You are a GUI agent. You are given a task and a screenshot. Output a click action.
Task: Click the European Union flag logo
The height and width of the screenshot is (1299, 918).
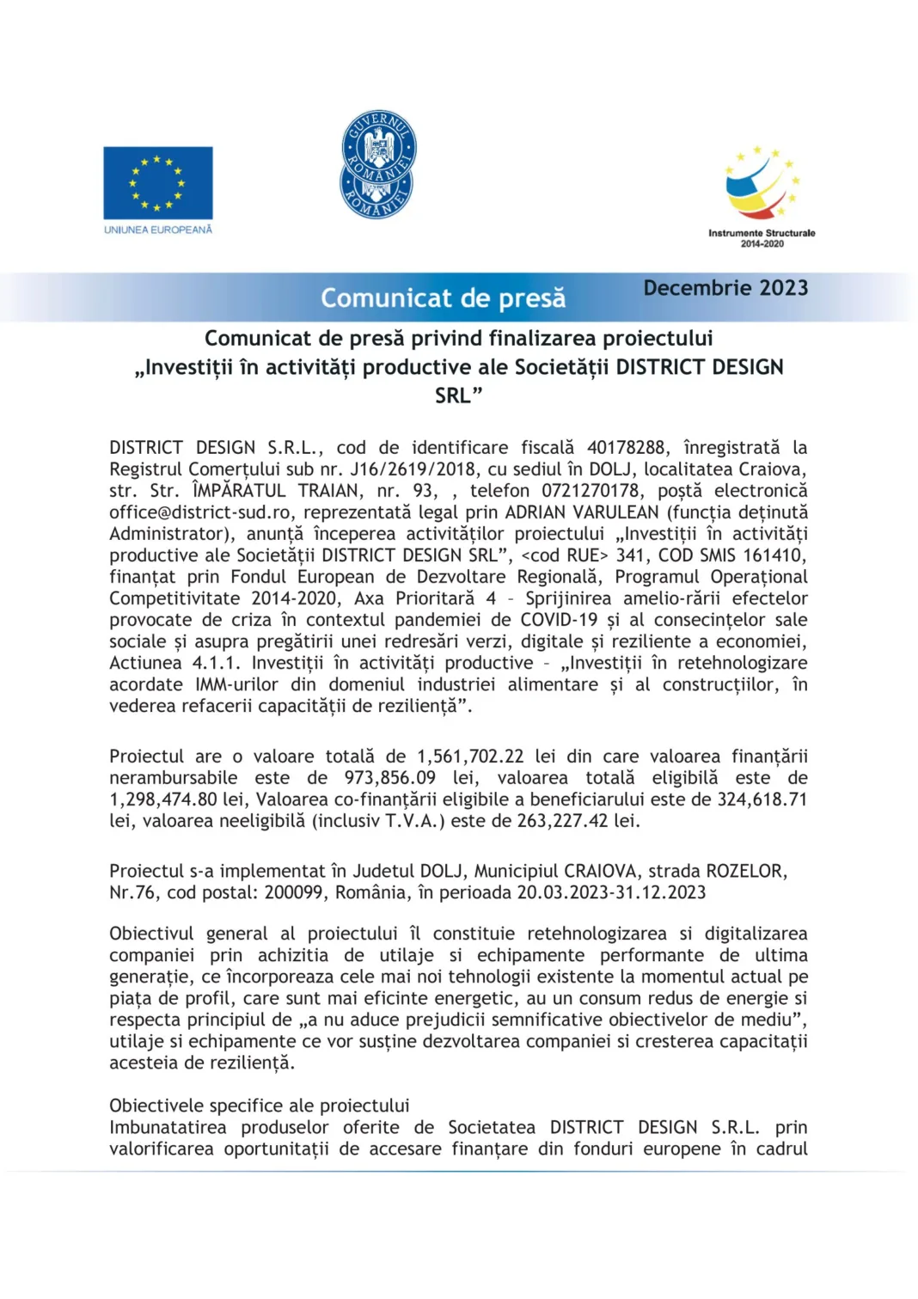158,182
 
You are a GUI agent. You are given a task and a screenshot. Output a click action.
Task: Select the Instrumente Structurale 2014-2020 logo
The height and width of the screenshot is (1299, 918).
762,196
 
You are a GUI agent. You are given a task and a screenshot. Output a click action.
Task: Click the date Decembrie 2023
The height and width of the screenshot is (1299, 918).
725,288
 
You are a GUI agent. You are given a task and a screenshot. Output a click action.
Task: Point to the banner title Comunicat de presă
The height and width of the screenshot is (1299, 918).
443,298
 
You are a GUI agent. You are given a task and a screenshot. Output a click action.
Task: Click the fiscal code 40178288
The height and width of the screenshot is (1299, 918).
626,448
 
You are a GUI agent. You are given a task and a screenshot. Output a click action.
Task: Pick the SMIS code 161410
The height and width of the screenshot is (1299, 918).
773,555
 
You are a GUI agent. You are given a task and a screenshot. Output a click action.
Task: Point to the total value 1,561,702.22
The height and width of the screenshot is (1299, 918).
470,757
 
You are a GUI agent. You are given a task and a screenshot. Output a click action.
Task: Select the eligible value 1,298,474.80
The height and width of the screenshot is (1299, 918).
162,800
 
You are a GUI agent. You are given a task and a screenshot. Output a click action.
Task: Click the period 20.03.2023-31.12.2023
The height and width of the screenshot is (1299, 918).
611,892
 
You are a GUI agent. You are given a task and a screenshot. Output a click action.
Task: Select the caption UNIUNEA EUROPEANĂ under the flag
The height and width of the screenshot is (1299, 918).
158,230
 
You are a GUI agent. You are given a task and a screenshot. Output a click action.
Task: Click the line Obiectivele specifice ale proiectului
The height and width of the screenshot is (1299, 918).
259,1106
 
